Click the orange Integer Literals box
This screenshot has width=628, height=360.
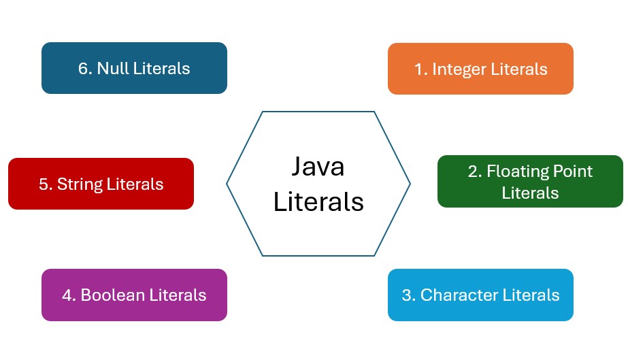480,69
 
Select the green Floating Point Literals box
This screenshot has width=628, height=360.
530,182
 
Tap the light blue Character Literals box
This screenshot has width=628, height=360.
480,295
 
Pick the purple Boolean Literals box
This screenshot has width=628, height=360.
134,295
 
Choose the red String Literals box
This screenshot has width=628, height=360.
101,184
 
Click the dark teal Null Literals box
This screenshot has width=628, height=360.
134,68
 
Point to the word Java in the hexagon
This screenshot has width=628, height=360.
318,167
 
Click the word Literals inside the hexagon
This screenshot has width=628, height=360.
318,201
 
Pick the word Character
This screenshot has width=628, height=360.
459,295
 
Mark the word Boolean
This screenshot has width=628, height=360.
112,295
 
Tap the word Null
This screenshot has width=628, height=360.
112,68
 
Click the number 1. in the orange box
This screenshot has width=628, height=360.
420,69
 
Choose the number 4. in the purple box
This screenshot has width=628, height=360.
68,295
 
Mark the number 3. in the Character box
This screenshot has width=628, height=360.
408,295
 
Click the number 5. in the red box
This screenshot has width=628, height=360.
46,184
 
